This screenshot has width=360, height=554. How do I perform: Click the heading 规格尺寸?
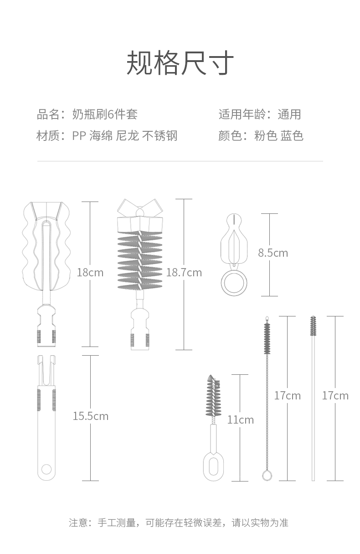[180, 63]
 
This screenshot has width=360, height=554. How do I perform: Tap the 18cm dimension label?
[90, 273]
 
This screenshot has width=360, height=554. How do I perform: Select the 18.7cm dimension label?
[184, 273]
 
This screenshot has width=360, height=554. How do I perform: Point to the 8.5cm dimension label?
[273, 253]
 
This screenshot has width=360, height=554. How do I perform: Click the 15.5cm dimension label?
[91, 416]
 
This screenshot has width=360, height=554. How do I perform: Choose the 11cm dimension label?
[240, 419]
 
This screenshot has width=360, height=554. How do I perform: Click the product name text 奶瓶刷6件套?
[105, 114]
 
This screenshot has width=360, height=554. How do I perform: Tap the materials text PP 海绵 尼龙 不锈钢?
[124, 136]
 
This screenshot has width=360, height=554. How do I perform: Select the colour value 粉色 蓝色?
[278, 136]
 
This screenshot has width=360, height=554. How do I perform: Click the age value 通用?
[289, 114]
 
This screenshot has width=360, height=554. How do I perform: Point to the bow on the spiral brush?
[140, 208]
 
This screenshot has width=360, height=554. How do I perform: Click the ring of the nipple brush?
[234, 283]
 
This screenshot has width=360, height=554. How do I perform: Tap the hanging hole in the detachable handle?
[46, 469]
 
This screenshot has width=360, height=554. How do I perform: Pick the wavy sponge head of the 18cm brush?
[46, 246]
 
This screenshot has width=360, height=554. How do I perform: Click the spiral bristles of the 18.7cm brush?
[140, 260]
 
